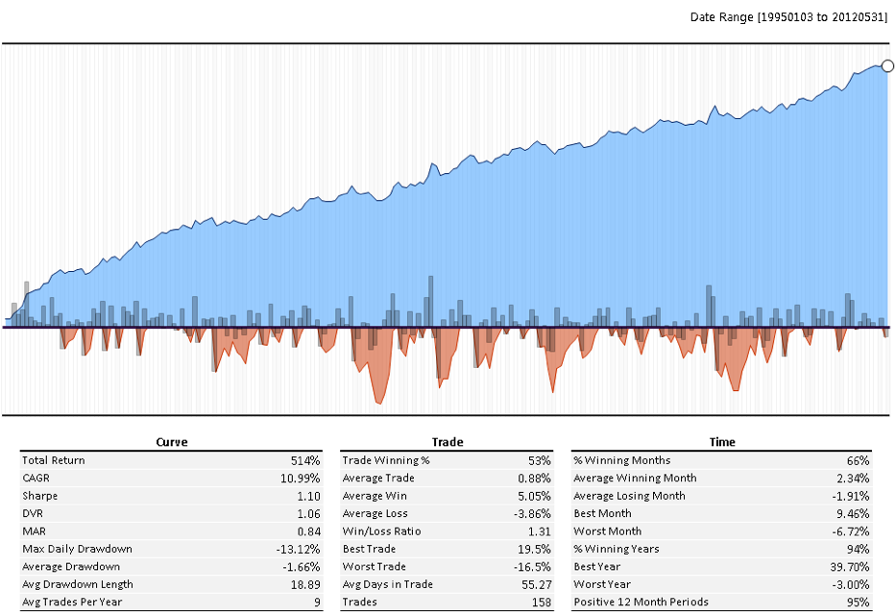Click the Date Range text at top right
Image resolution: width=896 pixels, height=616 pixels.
[789, 17]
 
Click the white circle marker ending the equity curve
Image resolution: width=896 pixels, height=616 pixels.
[887, 66]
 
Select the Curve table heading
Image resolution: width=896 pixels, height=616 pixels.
[172, 442]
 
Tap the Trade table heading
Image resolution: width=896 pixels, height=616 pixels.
[448, 442]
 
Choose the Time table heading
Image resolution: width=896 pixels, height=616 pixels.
[722, 442]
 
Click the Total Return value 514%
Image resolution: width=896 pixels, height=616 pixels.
[305, 460]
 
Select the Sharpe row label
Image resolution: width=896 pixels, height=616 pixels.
[40, 496]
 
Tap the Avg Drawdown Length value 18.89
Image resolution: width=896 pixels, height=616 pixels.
[304, 584]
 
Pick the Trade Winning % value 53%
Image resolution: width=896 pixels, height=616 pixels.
[539, 460]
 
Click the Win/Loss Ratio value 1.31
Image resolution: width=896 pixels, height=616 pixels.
[539, 531]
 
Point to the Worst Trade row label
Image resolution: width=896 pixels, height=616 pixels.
[373, 567]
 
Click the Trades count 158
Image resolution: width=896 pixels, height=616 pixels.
[540, 603]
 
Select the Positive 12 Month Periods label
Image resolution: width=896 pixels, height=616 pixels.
[642, 603]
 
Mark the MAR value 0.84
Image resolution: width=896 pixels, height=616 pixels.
[306, 531]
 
